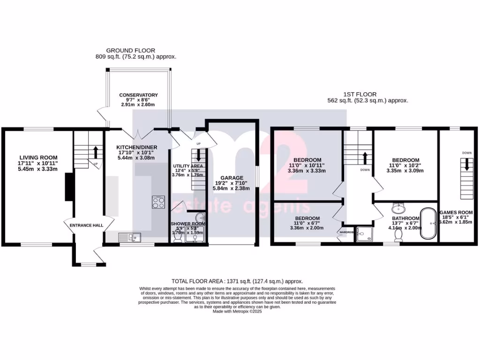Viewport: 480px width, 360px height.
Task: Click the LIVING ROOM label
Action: click(38, 157)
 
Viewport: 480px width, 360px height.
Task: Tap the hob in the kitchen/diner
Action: click(158, 202)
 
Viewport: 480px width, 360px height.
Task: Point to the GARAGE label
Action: click(232, 178)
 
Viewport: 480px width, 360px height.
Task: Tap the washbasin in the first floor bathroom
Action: click(398, 208)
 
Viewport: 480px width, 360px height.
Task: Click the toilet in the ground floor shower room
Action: click(178, 238)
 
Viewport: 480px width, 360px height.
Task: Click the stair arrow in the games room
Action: click(467, 165)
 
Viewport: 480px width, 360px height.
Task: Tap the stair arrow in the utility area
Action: click(199, 155)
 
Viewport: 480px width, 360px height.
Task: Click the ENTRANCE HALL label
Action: click(86, 225)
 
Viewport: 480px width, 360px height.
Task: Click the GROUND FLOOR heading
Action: click(130, 51)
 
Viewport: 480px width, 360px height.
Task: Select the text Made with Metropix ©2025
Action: click(237, 311)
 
